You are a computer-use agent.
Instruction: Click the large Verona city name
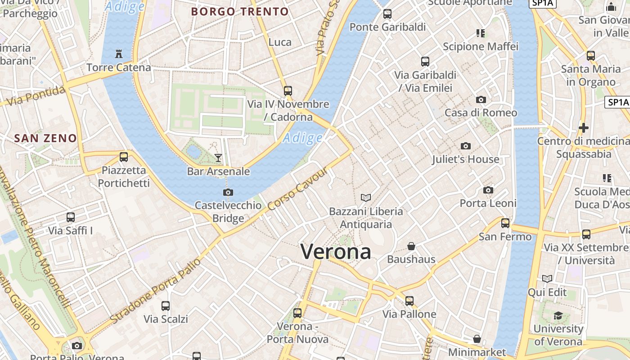pyautogui.click(x=336, y=252)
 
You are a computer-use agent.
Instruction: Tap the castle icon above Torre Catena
pyautogui.click(x=119, y=54)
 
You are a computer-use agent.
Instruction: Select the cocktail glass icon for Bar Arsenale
pyautogui.click(x=218, y=157)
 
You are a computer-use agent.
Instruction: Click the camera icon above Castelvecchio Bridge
pyautogui.click(x=228, y=193)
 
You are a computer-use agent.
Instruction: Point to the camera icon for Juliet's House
pyautogui.click(x=466, y=146)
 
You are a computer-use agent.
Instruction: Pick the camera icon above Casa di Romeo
pyautogui.click(x=481, y=99)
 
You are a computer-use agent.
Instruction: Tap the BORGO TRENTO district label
pyautogui.click(x=240, y=12)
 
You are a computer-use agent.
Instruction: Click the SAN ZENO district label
pyautogui.click(x=45, y=138)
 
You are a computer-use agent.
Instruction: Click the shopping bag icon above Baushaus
pyautogui.click(x=411, y=246)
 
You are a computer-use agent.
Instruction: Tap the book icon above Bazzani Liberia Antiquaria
pyautogui.click(x=366, y=198)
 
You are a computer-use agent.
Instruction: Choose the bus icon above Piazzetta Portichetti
pyautogui.click(x=124, y=157)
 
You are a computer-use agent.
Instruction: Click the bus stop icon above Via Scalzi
pyautogui.click(x=166, y=306)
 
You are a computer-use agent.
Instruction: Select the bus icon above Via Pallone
pyautogui.click(x=409, y=301)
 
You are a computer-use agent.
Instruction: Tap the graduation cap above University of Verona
pyautogui.click(x=558, y=315)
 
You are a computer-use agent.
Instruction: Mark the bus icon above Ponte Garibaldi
pyautogui.click(x=387, y=14)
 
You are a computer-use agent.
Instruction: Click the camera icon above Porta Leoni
pyautogui.click(x=488, y=190)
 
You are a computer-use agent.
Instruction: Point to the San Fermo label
pyautogui.click(x=505, y=237)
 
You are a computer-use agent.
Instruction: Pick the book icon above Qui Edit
pyautogui.click(x=547, y=279)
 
